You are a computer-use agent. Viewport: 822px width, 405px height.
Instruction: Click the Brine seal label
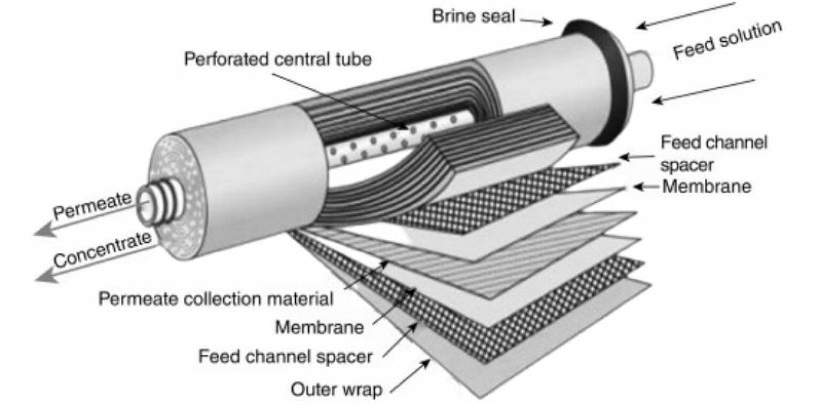(x=474, y=17)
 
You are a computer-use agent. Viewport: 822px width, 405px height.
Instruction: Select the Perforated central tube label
(x=278, y=59)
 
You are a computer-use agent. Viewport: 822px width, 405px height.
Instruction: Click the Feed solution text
(x=727, y=40)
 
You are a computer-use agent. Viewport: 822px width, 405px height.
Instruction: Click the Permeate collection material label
(x=216, y=299)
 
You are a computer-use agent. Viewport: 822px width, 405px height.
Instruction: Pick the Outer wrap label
(x=337, y=390)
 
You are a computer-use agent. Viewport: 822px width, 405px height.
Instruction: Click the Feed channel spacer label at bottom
(x=285, y=356)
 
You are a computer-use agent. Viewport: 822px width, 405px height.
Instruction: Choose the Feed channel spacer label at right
(x=714, y=153)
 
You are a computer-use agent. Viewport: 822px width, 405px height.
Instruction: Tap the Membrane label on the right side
(x=706, y=186)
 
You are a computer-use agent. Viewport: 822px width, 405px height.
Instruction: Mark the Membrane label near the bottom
(x=319, y=328)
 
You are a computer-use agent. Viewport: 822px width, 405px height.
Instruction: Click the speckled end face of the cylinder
(x=176, y=198)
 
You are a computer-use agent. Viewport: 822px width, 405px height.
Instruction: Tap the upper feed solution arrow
(x=686, y=15)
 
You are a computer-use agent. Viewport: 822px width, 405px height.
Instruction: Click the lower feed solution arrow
(x=703, y=91)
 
